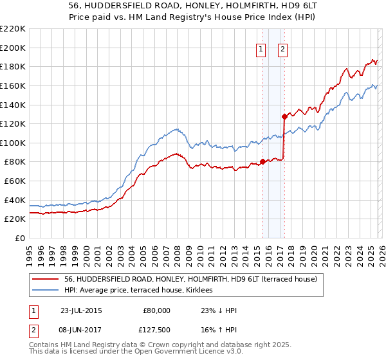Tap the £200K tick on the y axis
[13, 48]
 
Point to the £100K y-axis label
[13, 143]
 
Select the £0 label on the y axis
[19, 238]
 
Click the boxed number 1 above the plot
[261, 49]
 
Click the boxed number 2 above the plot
[282, 49]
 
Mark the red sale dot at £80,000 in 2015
[262, 162]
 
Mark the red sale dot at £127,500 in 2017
[284, 116]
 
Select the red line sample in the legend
[45, 279]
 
